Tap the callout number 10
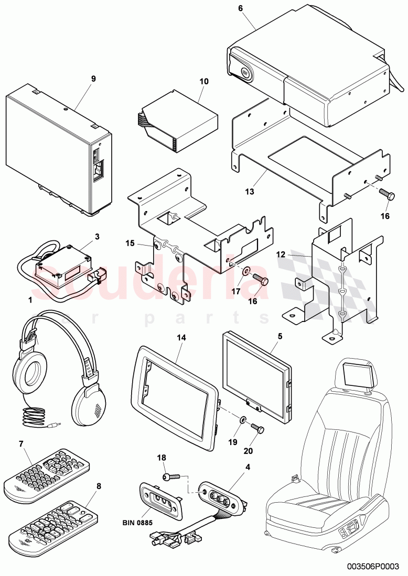point(204,82)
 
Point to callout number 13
point(250,192)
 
